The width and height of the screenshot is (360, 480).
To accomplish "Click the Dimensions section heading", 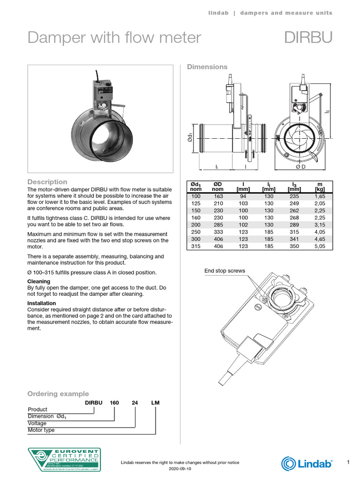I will pos(207,67).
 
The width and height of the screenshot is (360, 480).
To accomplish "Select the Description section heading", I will pos(47,182).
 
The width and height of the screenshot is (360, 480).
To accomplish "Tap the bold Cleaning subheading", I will pos(39,281).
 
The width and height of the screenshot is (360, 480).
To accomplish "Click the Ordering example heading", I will pos(58,394).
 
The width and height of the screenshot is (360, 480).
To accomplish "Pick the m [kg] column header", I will pos(320,187).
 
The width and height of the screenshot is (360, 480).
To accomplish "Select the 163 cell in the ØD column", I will pos(218,196).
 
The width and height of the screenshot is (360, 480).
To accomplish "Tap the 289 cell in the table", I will pos(294,224).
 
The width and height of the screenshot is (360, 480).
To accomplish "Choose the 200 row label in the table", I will pos(195,224).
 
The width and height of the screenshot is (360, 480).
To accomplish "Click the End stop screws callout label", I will pos(225,271).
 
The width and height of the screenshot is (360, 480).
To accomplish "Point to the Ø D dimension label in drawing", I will pos(300,167).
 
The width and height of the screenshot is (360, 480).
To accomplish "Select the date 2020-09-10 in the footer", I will pos(180,469).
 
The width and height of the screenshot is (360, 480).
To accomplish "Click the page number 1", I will pos(348,463).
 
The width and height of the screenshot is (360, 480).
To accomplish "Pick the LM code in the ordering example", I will pos(156,403).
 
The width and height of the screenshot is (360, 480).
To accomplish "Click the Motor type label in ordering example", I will pos(41,430).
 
